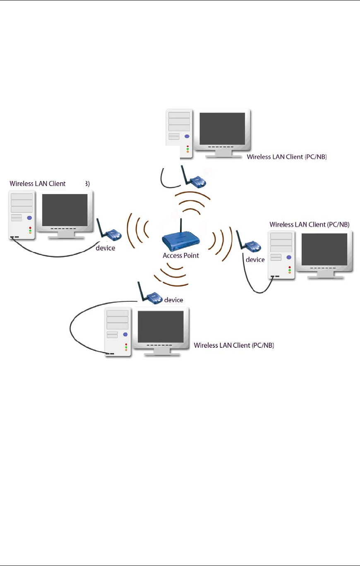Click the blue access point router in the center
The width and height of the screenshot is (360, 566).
(181, 241)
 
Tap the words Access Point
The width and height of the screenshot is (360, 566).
(181, 255)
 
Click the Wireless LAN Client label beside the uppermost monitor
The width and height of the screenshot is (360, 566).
(287, 157)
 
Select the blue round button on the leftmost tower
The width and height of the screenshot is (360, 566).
(29, 218)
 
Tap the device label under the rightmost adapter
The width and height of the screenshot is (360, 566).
(255, 260)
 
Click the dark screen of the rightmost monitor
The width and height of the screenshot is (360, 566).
(324, 249)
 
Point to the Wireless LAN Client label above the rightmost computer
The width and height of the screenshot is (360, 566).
(310, 224)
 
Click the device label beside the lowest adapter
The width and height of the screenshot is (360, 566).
(173, 299)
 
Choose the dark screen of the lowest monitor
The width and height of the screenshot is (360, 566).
(161, 326)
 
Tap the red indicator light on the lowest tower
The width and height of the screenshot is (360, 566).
(125, 344)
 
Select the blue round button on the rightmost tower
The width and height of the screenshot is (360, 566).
(288, 257)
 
